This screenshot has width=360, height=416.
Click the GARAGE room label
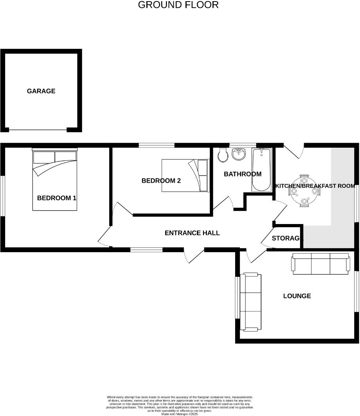pyautogui.click(x=41, y=91)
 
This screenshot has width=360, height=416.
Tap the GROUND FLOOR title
pyautogui.click(x=178, y=5)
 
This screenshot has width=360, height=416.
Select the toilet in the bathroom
pyautogui.click(x=223, y=155)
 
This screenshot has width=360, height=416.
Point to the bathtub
pyautogui.click(x=261, y=170)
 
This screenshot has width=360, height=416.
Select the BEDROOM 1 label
pyautogui.click(x=57, y=198)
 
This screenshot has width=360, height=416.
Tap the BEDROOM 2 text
pyautogui.click(x=161, y=181)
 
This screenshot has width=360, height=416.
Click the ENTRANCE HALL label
pyautogui.click(x=192, y=233)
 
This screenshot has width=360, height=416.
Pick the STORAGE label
pyautogui.click(x=287, y=238)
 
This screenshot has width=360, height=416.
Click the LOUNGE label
pyautogui.click(x=297, y=296)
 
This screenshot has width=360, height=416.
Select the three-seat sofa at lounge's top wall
pyautogui.click(x=320, y=264)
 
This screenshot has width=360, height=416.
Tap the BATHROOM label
pyautogui.click(x=243, y=174)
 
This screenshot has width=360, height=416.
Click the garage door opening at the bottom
pyautogui.click(x=38, y=130)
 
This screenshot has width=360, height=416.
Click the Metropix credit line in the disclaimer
pyautogui.click(x=180, y=414)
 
